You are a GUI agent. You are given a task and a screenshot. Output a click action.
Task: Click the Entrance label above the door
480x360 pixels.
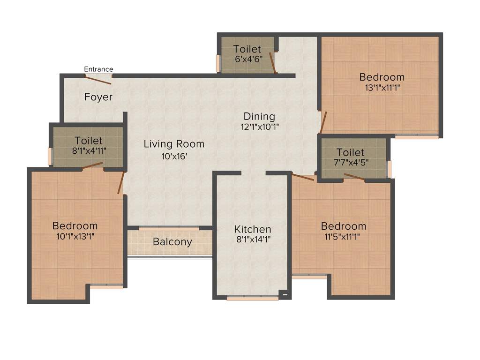click(98, 69)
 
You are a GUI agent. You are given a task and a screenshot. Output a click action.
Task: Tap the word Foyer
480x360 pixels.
click(98, 97)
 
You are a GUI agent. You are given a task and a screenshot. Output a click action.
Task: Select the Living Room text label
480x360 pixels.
click(174, 144)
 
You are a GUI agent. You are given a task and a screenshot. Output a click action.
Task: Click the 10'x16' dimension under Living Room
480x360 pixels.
click(174, 157)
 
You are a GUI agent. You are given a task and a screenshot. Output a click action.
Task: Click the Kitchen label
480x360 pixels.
click(253, 229)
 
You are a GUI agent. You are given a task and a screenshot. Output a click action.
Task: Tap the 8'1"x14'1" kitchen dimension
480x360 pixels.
click(253, 239)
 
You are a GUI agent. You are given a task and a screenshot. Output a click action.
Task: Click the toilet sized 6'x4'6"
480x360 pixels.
click(247, 54)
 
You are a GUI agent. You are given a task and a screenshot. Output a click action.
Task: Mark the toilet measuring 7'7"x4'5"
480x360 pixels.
click(350, 157)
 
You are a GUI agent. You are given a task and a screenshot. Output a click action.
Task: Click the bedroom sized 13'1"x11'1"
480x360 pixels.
click(382, 82)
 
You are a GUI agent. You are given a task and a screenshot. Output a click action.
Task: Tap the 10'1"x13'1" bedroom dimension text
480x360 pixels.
click(75, 236)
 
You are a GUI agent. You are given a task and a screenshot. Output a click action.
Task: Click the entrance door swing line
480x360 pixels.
click(98, 80)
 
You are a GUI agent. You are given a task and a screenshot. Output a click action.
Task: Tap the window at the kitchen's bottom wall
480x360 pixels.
click(252, 298)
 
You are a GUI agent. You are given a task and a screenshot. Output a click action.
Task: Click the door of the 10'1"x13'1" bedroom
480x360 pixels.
click(121, 183)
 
